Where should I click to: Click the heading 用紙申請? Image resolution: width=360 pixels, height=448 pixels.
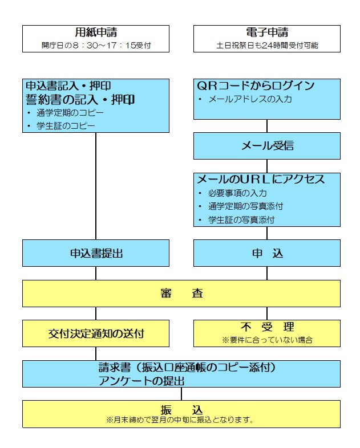[x=96, y=32]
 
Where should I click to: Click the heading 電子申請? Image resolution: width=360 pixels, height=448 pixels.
[x=267, y=32]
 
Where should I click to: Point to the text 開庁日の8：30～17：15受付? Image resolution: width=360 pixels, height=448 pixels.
[x=96, y=44]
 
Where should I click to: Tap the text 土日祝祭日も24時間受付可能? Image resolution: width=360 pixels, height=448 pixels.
[x=267, y=44]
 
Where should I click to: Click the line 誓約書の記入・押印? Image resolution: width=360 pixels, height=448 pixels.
[x=80, y=100]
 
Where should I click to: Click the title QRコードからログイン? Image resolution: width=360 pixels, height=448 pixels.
[x=256, y=86]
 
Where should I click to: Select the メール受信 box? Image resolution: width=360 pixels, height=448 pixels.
[x=267, y=146]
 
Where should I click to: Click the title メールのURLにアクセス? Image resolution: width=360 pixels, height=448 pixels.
[x=260, y=180]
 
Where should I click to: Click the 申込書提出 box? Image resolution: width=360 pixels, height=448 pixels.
[x=96, y=253]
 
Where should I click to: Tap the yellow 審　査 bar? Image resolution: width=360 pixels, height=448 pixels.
[x=181, y=293]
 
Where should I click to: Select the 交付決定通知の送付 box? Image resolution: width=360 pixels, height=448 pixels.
[x=96, y=333]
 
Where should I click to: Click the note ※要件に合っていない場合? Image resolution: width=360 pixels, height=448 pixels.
[x=267, y=340]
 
